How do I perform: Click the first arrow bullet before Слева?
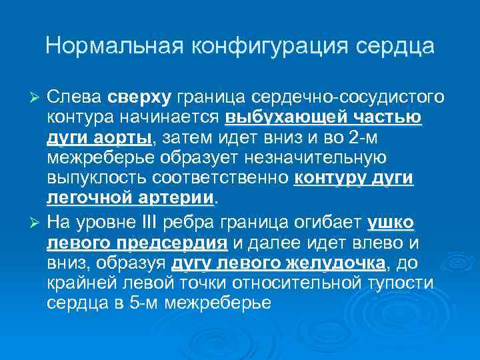(37, 98)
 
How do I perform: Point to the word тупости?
(400, 283)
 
